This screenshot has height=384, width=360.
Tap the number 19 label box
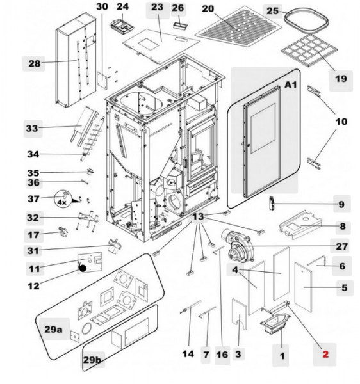340,79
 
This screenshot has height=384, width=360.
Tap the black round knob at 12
82,269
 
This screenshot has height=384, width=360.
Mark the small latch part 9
273,204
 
